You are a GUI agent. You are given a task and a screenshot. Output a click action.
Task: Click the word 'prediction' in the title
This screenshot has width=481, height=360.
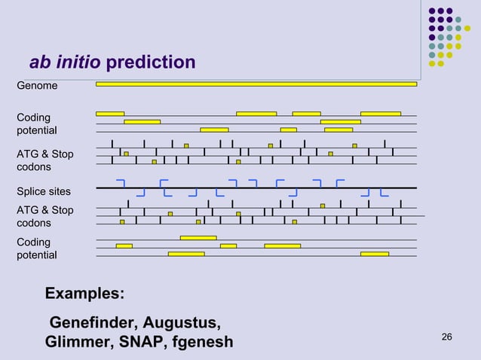(x=151, y=62)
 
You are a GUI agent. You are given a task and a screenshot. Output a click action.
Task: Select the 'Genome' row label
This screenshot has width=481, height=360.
(x=37, y=86)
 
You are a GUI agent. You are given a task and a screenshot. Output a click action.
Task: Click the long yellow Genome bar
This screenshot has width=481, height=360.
(x=256, y=84)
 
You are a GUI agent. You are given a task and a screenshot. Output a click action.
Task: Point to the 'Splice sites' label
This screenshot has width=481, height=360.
(x=44, y=191)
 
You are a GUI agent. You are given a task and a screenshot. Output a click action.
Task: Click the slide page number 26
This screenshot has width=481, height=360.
(x=446, y=336)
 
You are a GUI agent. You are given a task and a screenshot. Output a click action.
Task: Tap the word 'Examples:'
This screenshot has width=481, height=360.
(x=85, y=292)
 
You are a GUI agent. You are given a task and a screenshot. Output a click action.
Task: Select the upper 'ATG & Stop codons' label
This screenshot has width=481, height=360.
(x=45, y=160)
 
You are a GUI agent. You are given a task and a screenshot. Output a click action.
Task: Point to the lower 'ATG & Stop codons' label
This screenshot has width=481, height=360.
(x=45, y=216)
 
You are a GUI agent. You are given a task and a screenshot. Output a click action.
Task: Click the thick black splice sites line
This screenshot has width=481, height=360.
(x=256, y=188)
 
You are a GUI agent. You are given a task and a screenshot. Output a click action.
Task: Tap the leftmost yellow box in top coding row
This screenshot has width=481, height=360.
(x=110, y=114)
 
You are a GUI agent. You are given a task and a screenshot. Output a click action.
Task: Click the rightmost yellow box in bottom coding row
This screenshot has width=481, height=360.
(x=374, y=254)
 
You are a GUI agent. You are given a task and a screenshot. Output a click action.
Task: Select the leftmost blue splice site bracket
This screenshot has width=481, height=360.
(x=121, y=183)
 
